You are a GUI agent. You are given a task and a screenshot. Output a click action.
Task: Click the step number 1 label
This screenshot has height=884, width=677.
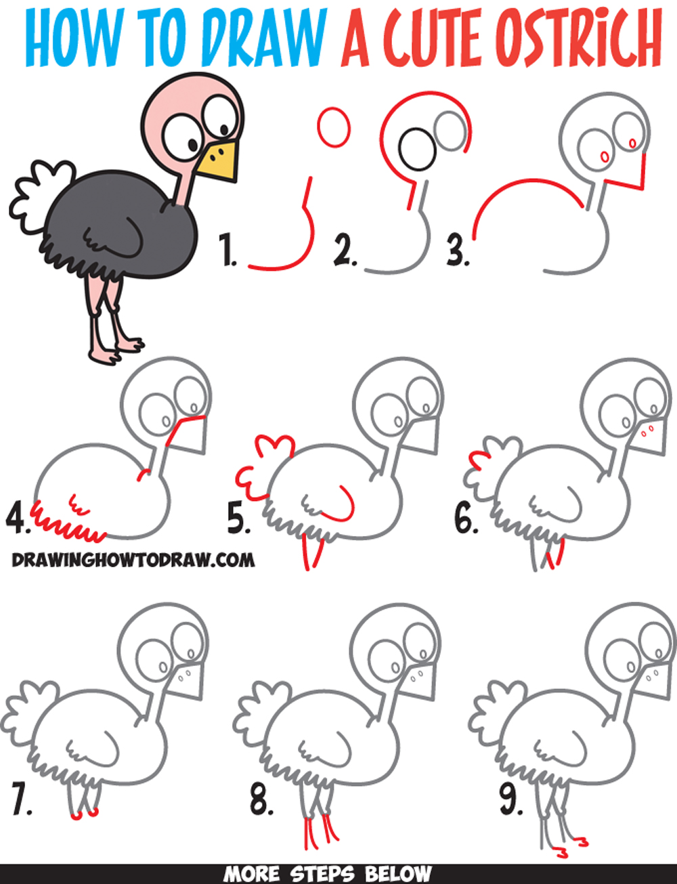coord(228,250)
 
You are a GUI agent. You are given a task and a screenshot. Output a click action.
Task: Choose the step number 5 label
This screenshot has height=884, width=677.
coord(239,519)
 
